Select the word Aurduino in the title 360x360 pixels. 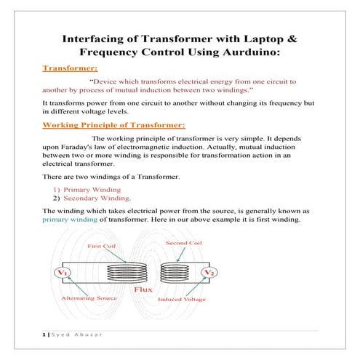point(251,53)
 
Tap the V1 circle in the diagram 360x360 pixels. point(63,273)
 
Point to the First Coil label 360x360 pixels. point(102,247)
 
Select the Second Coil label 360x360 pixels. point(183,243)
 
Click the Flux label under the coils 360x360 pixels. point(142,289)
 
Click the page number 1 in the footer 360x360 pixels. point(43,335)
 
